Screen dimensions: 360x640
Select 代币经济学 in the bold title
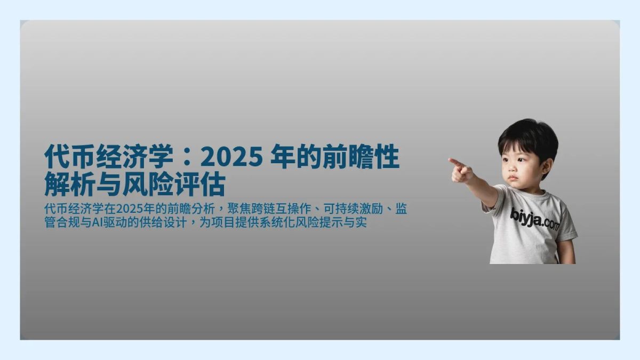tap(109, 157)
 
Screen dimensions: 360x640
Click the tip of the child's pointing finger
tap(450, 159)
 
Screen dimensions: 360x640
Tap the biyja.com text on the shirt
tap(534, 218)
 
